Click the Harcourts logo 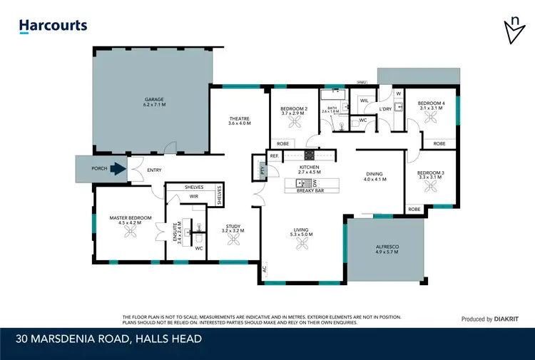[x=53, y=26]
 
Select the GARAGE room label [x=154, y=101]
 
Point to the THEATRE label [x=239, y=119]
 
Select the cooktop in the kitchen [x=310, y=155]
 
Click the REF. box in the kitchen [x=274, y=155]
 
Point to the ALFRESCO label [x=387, y=247]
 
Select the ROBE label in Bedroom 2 [x=282, y=143]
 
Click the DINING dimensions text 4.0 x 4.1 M [x=375, y=179]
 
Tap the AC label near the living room [x=265, y=270]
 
